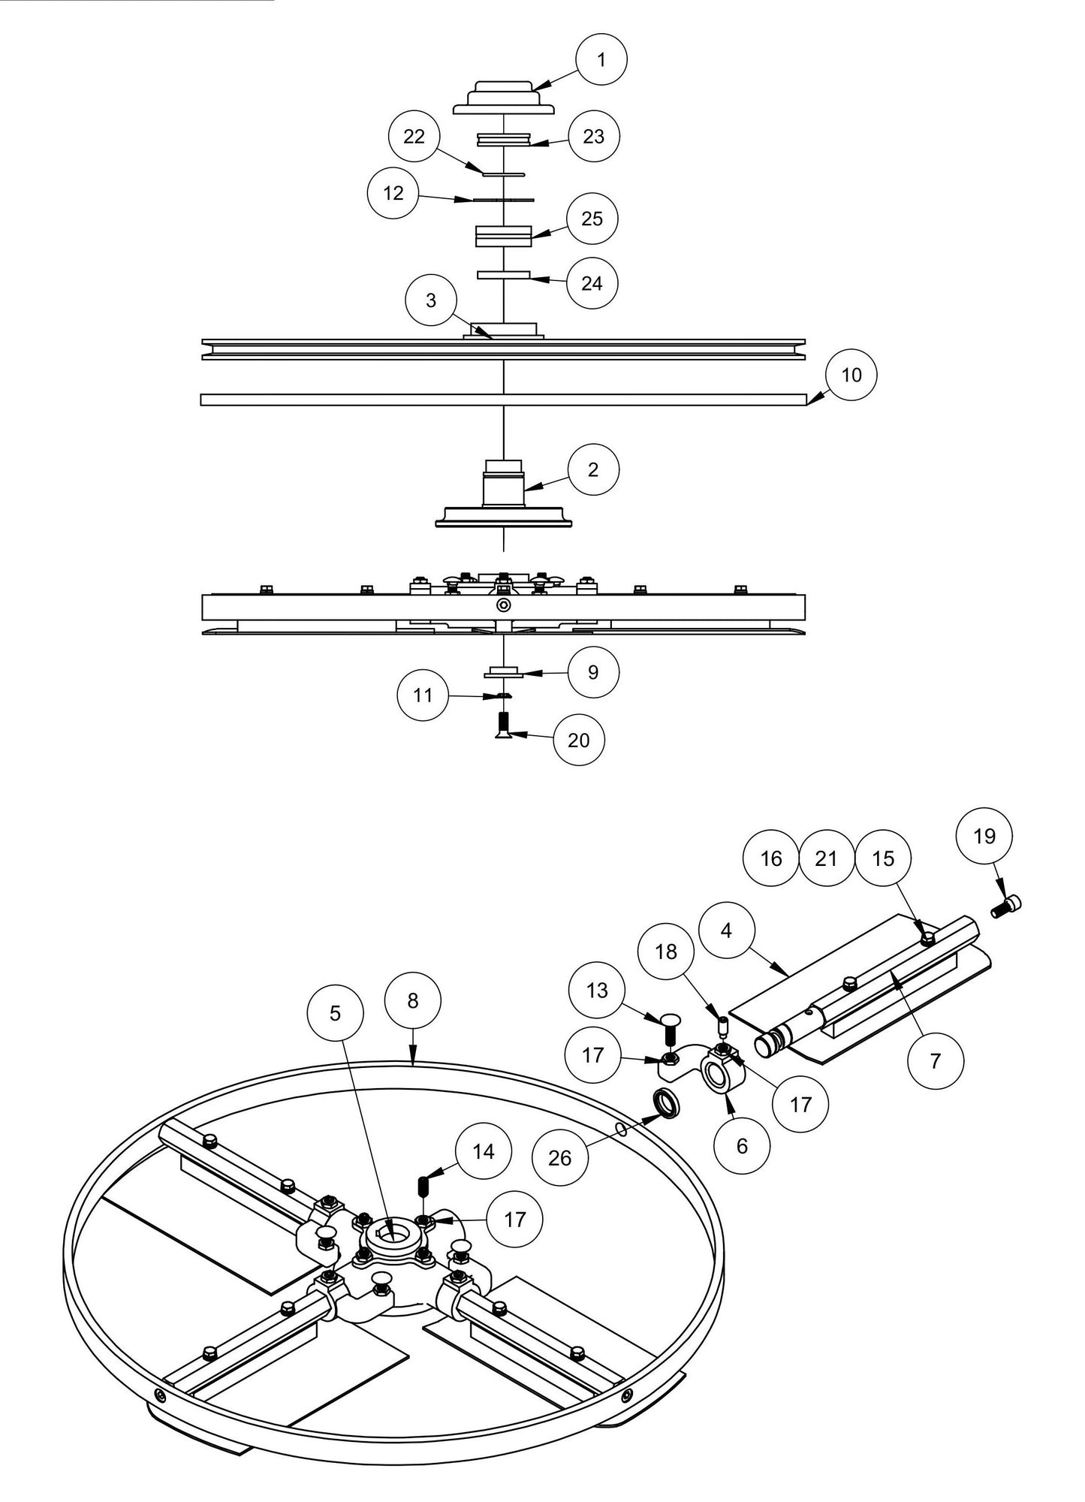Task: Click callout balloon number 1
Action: point(601,59)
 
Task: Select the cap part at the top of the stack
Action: point(504,101)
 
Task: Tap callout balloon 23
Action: point(593,137)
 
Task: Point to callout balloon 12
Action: point(393,193)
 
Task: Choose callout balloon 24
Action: point(592,283)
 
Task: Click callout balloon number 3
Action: point(431,300)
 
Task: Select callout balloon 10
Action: point(851,374)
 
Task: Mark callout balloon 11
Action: point(423,695)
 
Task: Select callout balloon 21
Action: point(826,858)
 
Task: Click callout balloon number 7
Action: point(935,1060)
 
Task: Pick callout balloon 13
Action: point(597,991)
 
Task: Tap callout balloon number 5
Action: point(335,1013)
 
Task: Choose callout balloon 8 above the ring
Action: point(412,1000)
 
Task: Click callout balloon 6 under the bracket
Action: point(742,1146)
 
